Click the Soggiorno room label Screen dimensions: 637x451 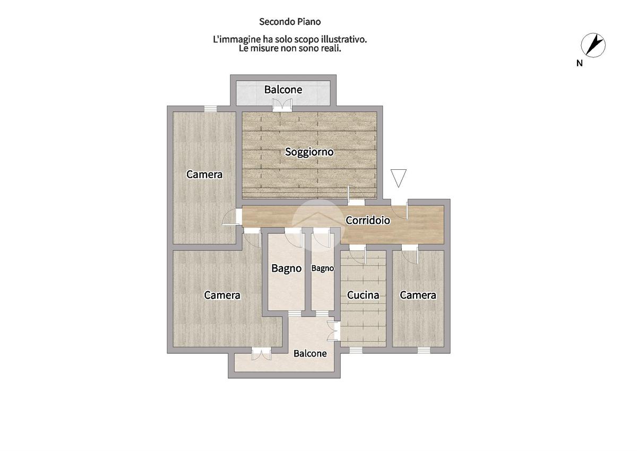[x=309, y=152]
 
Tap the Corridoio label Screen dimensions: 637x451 [x=368, y=220]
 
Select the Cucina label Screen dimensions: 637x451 [x=363, y=295]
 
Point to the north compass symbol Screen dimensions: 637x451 [x=593, y=45]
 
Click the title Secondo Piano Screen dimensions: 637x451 [x=290, y=22]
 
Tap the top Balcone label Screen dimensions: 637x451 [x=283, y=90]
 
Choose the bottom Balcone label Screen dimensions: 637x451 [x=310, y=353]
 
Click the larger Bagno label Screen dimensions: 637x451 [x=286, y=268]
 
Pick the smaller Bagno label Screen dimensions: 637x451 [x=323, y=268]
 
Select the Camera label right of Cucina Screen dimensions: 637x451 [x=418, y=295]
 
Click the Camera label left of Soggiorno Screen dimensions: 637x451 [x=204, y=174]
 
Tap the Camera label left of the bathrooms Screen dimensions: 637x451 [x=222, y=295]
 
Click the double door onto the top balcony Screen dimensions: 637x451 [x=282, y=105]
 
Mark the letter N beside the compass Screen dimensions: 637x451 [x=579, y=63]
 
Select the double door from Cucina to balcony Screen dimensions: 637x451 [x=333, y=331]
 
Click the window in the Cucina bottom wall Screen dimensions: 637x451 [x=356, y=350]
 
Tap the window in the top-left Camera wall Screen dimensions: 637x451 [x=210, y=109]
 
